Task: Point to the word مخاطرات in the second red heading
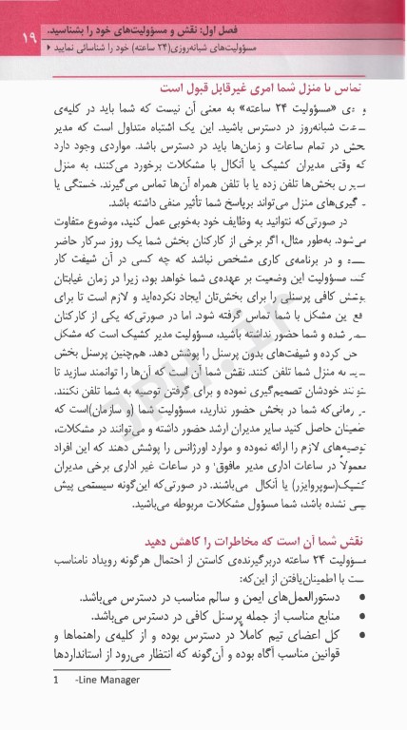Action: pos(226,538)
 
